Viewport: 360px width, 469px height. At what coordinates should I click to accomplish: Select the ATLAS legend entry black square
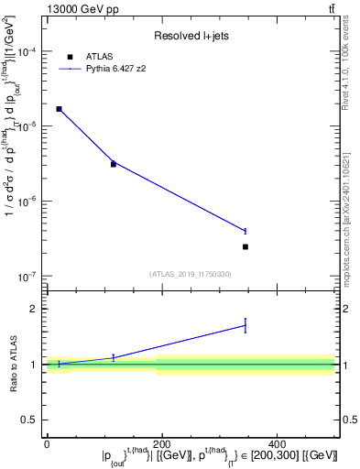70,57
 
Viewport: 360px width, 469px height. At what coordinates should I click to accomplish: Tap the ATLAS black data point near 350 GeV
245,246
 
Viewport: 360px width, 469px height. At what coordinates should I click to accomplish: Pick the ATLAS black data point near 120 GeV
114,164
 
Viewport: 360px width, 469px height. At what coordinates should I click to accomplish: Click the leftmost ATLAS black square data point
60,109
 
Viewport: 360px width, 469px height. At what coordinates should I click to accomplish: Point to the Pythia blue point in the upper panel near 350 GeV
245,231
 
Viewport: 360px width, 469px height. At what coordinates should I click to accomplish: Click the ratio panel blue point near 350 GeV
245,325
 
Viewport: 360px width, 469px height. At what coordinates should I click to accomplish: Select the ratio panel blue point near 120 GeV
114,357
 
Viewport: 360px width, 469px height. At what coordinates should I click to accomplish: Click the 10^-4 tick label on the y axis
30,51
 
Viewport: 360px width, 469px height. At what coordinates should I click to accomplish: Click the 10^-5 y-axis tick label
30,126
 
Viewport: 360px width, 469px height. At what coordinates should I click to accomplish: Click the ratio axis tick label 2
36,309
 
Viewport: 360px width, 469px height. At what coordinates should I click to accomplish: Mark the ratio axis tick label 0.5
32,420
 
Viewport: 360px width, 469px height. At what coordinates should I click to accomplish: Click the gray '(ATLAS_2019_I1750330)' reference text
191,273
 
